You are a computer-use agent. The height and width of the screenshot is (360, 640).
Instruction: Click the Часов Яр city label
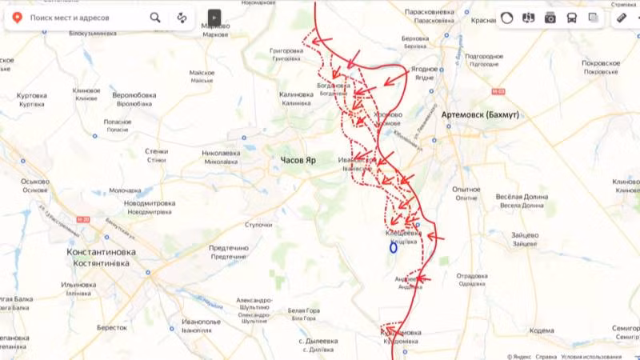click(298, 160)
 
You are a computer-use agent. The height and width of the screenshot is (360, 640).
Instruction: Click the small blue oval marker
click(394, 247)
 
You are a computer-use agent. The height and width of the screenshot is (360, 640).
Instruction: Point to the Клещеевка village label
click(402, 233)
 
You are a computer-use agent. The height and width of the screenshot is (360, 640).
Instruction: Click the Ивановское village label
click(356, 160)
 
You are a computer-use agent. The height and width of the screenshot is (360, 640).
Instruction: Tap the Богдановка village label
click(334, 86)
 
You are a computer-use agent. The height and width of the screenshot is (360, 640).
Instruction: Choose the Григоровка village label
click(286, 50)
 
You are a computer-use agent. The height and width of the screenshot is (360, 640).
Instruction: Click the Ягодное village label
click(424, 70)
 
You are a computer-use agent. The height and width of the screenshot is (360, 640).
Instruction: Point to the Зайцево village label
click(524, 235)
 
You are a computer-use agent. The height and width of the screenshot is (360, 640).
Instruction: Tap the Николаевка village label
click(221, 152)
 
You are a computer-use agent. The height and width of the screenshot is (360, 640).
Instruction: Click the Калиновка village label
click(295, 94)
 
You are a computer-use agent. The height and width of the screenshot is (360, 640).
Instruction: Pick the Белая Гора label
click(303, 310)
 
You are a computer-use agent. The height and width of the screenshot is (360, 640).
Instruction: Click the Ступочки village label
click(259, 225)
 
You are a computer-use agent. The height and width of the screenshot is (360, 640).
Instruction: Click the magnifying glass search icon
click(154, 17)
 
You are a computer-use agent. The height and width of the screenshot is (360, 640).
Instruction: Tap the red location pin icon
click(16, 17)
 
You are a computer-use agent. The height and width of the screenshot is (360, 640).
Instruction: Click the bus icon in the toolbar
click(571, 18)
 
